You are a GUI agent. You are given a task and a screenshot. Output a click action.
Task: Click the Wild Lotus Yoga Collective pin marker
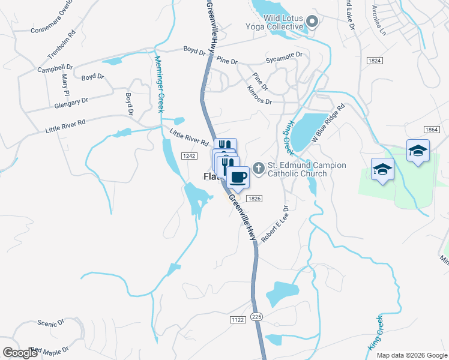(x=312, y=23)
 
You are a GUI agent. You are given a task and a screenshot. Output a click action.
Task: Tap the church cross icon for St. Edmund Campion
(x=259, y=167)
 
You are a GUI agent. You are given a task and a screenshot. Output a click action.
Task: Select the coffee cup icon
(x=238, y=178)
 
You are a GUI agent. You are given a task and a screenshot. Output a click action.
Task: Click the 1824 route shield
(x=375, y=61)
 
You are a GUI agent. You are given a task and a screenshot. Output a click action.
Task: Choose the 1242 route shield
(x=190, y=155)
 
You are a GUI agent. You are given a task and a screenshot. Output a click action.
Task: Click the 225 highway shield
(x=257, y=316)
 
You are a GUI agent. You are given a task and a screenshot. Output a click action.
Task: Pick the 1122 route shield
(x=238, y=320)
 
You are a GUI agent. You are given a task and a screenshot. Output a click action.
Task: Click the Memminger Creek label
(x=159, y=85)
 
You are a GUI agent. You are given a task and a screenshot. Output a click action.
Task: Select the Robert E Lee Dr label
(x=275, y=224)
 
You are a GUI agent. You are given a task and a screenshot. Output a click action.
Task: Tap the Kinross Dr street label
(x=259, y=96)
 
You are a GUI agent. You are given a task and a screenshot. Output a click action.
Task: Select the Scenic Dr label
(x=50, y=323)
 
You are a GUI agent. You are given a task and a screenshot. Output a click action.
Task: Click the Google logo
(x=20, y=353)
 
